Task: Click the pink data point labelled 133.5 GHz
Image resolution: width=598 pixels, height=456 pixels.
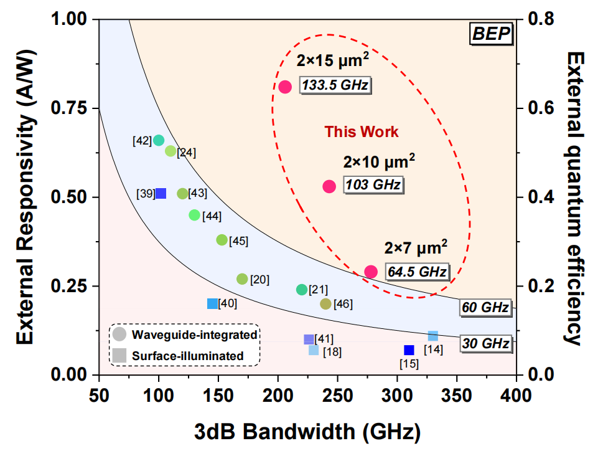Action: click(x=285, y=87)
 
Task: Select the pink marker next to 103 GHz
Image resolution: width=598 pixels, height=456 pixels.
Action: click(x=329, y=186)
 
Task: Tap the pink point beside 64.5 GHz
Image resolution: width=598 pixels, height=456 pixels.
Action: click(x=371, y=272)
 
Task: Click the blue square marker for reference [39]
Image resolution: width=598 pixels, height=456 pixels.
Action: click(x=161, y=194)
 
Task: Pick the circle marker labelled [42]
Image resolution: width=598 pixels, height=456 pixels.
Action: click(x=159, y=140)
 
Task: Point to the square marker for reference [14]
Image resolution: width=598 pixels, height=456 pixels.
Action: click(x=433, y=336)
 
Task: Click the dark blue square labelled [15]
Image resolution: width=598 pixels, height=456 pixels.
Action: click(x=409, y=350)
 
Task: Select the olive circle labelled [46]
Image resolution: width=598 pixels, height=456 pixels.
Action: click(x=325, y=304)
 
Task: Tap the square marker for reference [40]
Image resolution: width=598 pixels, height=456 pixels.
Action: click(x=212, y=303)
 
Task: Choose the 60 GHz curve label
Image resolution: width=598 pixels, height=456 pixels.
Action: click(x=485, y=308)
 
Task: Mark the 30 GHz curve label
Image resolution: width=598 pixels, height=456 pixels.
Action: click(x=485, y=343)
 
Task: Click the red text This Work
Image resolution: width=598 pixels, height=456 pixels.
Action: click(x=362, y=132)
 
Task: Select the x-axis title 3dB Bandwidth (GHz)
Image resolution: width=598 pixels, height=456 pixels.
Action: click(x=307, y=431)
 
